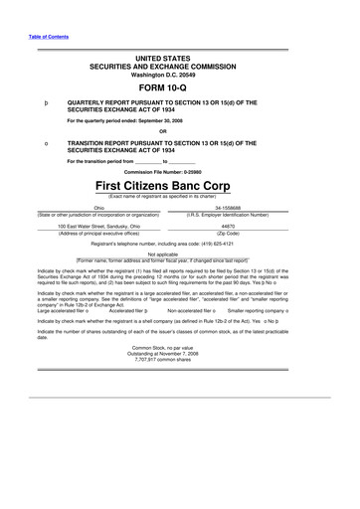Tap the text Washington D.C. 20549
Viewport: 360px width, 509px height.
point(180,74)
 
